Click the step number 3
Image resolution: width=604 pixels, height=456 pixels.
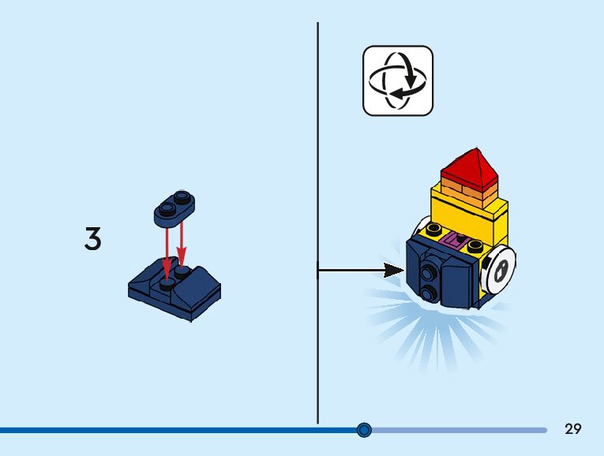93,238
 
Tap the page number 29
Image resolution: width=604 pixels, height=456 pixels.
573,429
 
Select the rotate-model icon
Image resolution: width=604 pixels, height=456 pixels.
398,80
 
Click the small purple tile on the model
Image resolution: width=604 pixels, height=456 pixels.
456,239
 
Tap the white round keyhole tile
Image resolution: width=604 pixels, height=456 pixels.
500,271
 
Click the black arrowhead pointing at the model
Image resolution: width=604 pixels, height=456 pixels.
394,271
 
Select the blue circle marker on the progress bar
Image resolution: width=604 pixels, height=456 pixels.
364,430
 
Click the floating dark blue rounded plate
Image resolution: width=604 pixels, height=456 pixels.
174,204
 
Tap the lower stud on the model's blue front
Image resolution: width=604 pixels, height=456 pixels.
429,293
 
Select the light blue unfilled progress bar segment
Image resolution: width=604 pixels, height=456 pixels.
458,430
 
